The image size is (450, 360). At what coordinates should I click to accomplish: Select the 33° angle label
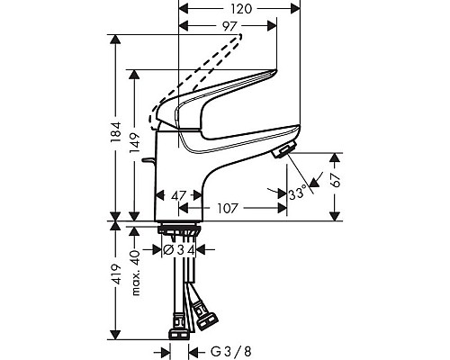pyautogui.click(x=296, y=193)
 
